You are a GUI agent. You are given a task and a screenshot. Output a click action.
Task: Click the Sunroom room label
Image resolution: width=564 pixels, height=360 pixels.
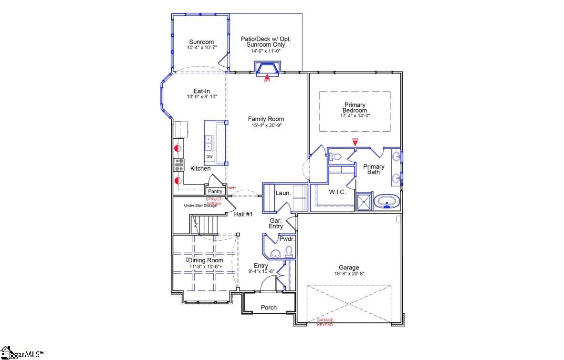coord(201,41)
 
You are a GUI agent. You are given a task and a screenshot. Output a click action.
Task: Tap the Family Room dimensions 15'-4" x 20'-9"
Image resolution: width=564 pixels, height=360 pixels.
coord(266,126)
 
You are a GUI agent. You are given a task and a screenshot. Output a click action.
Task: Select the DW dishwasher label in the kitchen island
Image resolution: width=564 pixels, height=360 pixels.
coord(209,157)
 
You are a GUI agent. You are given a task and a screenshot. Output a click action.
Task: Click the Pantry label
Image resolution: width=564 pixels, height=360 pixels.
coord(215,191)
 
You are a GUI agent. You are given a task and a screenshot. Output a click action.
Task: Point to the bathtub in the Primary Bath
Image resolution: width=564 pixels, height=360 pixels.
coord(387,202)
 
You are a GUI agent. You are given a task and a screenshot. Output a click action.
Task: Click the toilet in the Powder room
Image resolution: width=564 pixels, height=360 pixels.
coord(289,252)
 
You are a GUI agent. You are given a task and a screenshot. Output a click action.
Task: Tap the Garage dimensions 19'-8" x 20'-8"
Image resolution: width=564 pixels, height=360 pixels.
coord(349,274)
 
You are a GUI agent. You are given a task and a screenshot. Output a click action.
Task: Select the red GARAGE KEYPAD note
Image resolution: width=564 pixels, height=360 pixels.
coord(325,322)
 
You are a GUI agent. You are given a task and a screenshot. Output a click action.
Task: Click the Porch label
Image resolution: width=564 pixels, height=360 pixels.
coord(269,308)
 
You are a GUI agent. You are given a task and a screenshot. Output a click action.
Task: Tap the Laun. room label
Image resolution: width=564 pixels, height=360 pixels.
coord(282,193)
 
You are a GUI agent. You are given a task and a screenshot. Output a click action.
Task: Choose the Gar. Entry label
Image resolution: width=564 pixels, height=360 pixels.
coord(276,224)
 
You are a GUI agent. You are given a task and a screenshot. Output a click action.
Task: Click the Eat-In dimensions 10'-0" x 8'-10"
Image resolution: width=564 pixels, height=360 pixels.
coord(202,97)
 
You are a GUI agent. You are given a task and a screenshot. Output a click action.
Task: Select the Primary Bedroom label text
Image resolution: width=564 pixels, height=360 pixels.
coord(355,108)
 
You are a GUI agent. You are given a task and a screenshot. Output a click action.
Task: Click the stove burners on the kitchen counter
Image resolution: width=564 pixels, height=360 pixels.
coord(179,165)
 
